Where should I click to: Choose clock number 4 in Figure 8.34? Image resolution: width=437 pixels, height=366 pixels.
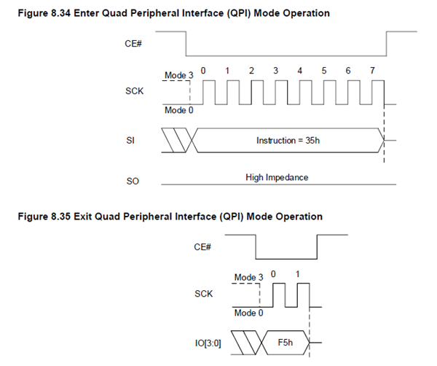[x=299, y=71]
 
